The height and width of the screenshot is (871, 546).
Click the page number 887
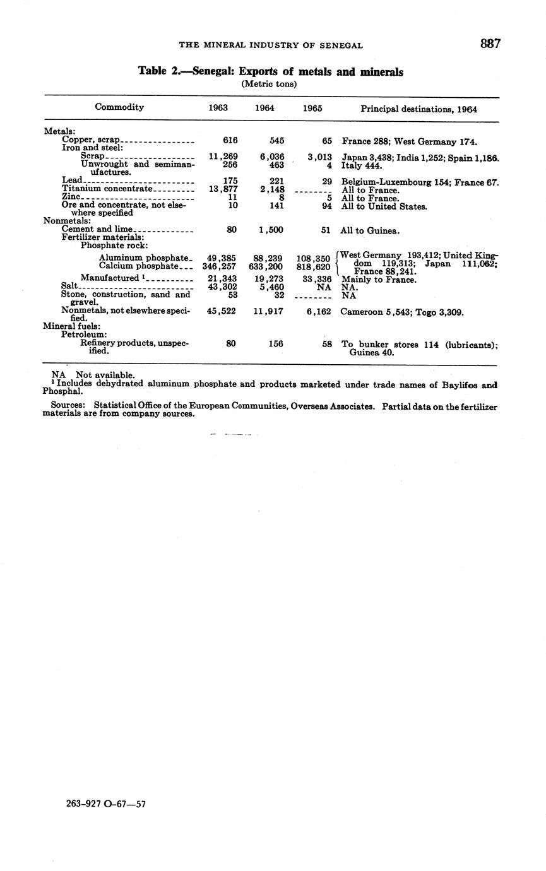pyautogui.click(x=490, y=44)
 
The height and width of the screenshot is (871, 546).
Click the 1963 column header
pyautogui.click(x=218, y=108)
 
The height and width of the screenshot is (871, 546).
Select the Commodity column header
pyautogui.click(x=119, y=107)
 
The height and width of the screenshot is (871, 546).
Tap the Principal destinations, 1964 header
pyautogui.click(x=418, y=109)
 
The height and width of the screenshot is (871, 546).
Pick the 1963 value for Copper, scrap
pyautogui.click(x=230, y=141)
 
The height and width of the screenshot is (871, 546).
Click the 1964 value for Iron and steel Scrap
pyautogui.click(x=272, y=157)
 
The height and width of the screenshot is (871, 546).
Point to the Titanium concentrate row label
pyautogui.click(x=107, y=189)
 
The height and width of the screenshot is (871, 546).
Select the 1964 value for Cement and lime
pyautogui.click(x=271, y=230)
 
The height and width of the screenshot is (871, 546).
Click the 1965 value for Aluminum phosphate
pyautogui.click(x=313, y=259)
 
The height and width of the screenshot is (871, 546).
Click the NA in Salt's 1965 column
pyautogui.click(x=324, y=287)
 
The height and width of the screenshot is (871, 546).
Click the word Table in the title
pyautogui.click(x=152, y=72)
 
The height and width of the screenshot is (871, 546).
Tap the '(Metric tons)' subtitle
pyautogui.click(x=269, y=84)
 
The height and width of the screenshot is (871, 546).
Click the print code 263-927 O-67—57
pyautogui.click(x=106, y=804)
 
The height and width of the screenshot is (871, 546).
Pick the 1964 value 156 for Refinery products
pyautogui.click(x=275, y=345)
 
